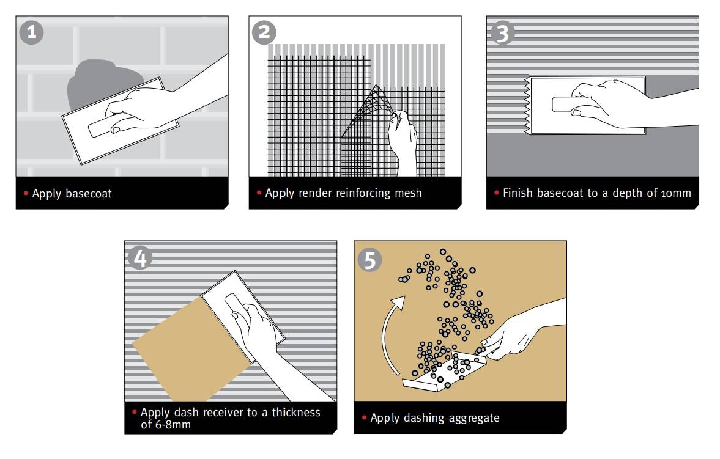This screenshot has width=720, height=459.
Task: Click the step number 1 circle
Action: click(x=31, y=32)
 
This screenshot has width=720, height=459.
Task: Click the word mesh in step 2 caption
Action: click(x=407, y=193)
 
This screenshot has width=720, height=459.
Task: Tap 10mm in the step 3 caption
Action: click(x=676, y=193)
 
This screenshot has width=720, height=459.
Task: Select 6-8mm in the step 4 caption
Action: click(x=171, y=424)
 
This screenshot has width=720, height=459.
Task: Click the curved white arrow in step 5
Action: click(x=388, y=330)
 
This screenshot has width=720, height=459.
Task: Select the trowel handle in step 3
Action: click(x=566, y=104)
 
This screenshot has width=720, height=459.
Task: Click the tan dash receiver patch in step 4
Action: click(x=184, y=348)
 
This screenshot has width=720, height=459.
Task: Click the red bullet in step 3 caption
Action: click(x=496, y=193)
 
